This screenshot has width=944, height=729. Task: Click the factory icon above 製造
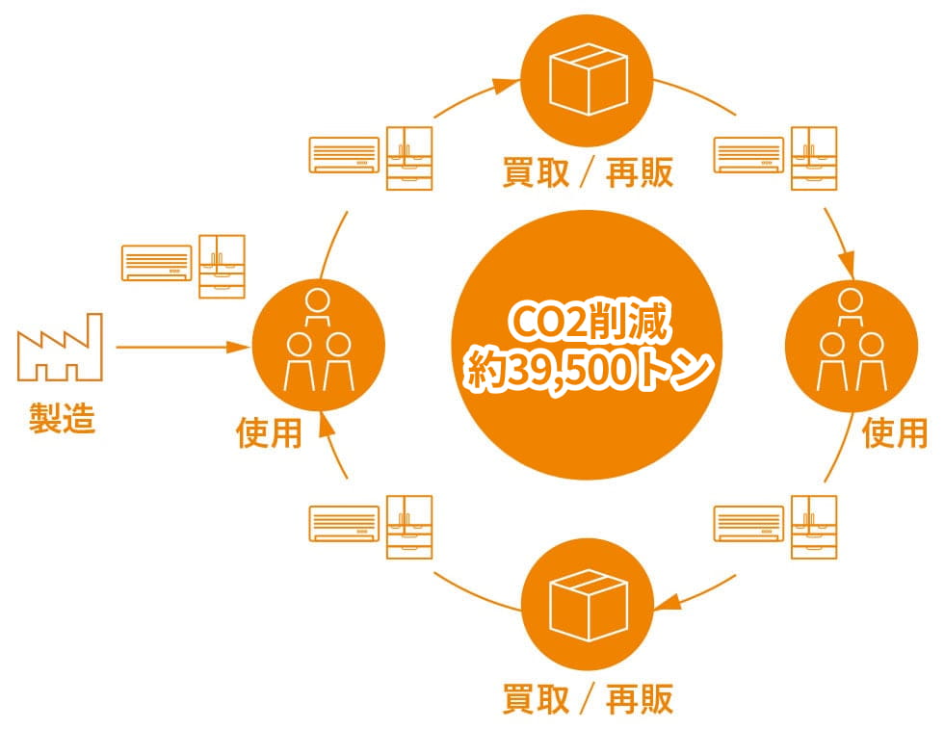(60, 347)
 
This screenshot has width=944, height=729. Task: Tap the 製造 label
(62, 418)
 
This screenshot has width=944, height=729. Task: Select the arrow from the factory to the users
(182, 348)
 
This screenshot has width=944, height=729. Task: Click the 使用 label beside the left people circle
(269, 432)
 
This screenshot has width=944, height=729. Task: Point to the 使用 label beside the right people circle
(895, 432)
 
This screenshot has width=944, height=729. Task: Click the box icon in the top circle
(589, 79)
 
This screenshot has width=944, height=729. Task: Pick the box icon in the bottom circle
(589, 605)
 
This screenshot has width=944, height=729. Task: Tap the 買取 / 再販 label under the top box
(588, 172)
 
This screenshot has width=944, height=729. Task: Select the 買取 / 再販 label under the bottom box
(588, 699)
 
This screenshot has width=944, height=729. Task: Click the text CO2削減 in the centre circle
(589, 324)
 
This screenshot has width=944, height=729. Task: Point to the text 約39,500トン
(589, 369)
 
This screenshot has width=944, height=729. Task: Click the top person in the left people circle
(317, 307)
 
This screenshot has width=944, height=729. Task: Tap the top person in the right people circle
(850, 307)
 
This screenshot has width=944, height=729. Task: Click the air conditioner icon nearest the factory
(156, 263)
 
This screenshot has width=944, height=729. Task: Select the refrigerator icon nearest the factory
(223, 267)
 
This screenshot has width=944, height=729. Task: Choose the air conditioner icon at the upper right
(748, 155)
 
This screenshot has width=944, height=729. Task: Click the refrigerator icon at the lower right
(814, 528)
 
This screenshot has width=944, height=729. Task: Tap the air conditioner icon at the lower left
(345, 524)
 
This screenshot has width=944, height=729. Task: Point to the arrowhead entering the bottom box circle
(667, 601)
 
